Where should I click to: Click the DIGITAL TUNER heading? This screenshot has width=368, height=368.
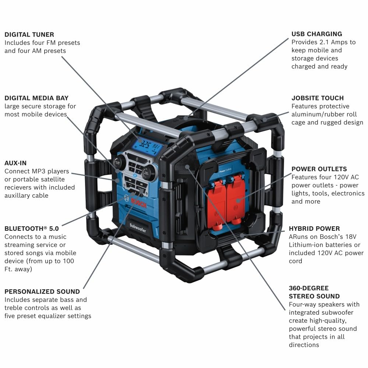(29, 34)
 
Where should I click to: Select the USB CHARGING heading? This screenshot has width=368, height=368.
(316, 34)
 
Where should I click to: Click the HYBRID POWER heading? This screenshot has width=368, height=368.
(314, 229)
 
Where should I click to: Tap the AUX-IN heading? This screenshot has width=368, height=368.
(15, 163)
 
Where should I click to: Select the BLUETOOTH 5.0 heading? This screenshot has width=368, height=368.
(31, 229)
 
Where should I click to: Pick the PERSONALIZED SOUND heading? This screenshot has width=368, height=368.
(42, 291)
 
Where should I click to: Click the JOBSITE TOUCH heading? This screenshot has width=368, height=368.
(317, 98)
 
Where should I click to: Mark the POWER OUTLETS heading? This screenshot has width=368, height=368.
(319, 169)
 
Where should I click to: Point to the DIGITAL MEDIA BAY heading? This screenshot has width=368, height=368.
(36, 98)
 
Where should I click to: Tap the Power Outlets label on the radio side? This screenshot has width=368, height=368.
(227, 170)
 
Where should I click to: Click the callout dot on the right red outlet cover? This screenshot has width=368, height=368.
(238, 201)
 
